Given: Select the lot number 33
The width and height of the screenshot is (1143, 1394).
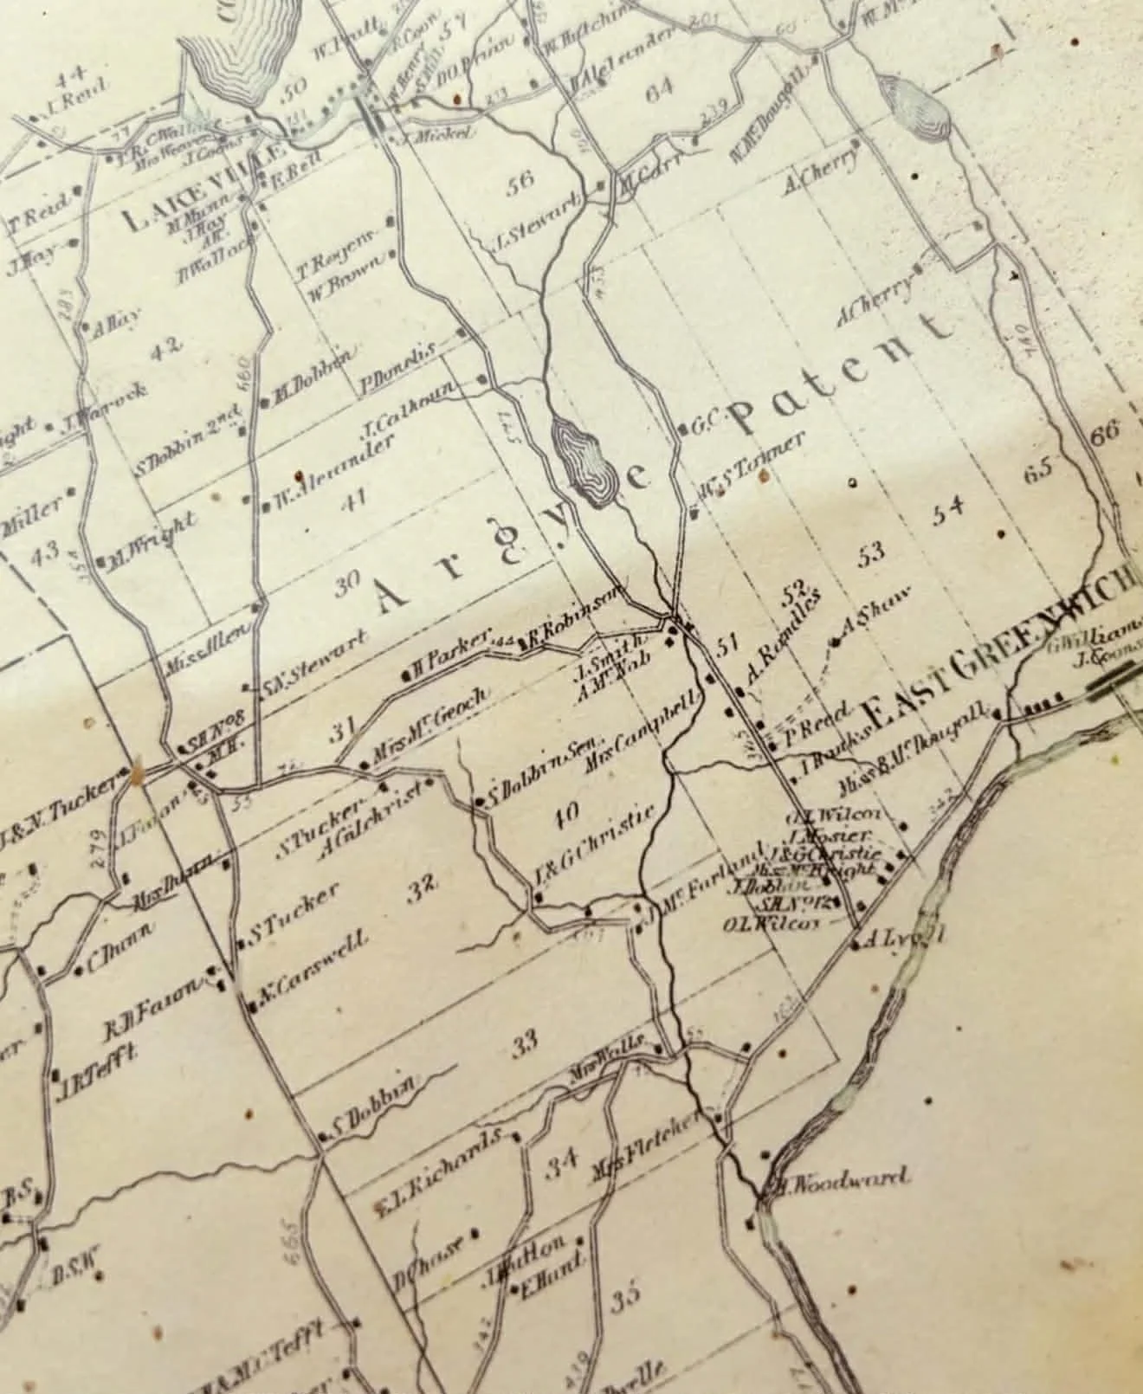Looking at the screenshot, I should [x=524, y=1042].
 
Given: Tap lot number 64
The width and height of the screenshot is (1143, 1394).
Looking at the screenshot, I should [x=660, y=92].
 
